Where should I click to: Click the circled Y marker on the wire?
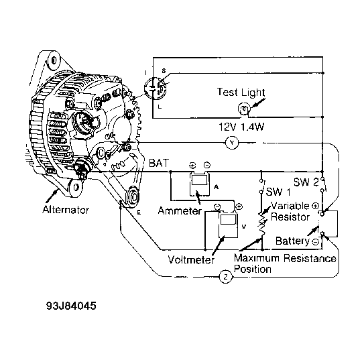232,143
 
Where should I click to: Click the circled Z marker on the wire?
226,277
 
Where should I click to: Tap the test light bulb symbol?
244,109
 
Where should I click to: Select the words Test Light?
241,93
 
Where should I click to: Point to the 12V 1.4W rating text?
241,127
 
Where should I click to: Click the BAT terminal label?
159,163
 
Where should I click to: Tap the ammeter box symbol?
200,184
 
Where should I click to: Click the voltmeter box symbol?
229,225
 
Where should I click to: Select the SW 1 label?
278,192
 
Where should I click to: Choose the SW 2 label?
306,182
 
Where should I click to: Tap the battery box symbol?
329,224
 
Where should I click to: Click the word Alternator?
66,210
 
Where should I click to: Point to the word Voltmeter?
191,259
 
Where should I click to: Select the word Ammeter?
180,211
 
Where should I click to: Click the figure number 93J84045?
71,306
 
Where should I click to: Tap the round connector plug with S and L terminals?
155,88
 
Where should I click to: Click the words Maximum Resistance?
285,258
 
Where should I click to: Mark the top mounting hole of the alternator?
54,60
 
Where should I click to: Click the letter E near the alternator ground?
139,212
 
